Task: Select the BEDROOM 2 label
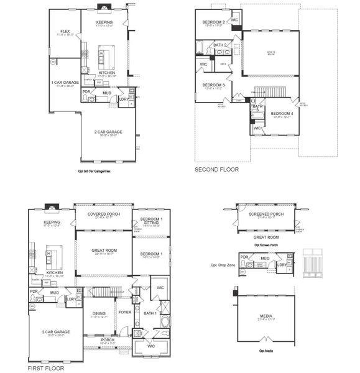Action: pyautogui.click(x=213, y=22)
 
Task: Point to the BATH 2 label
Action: pyautogui.click(x=219, y=45)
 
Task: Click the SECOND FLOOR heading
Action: pyautogui.click(x=216, y=169)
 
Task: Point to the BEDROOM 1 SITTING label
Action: pyautogui.click(x=152, y=222)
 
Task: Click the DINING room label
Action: pyautogui.click(x=99, y=313)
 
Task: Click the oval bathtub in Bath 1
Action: pyautogui.click(x=164, y=322)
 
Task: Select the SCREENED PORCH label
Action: pyautogui.click(x=266, y=214)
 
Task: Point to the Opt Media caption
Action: pyautogui.click(x=265, y=351)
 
